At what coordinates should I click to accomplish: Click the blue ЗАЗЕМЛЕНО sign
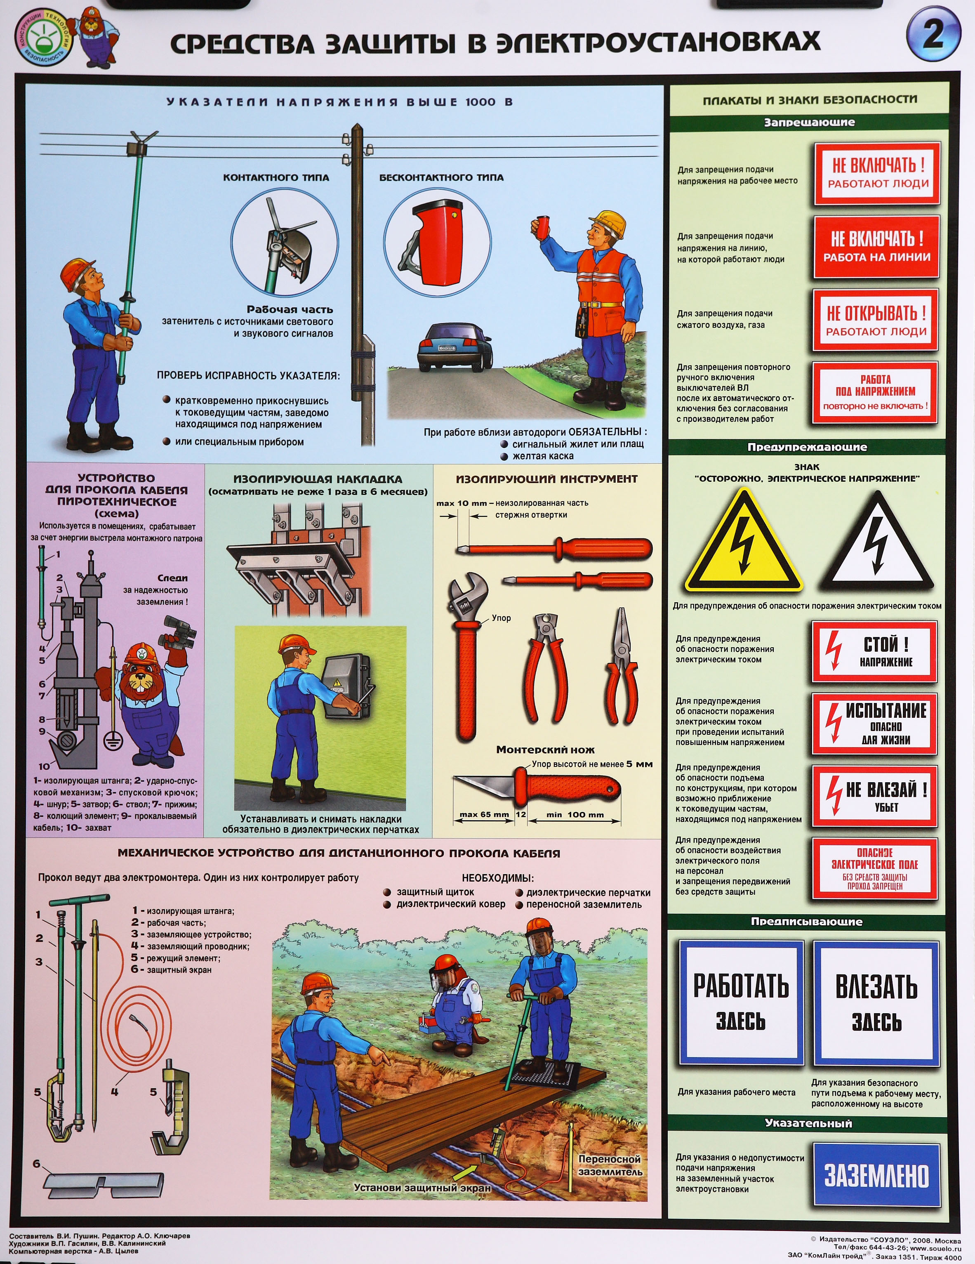click(x=876, y=1175)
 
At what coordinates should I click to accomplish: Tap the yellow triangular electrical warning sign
click(x=744, y=542)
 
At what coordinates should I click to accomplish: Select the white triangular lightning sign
click(x=878, y=542)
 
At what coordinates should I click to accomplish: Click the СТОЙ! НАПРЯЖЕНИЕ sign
click(x=874, y=652)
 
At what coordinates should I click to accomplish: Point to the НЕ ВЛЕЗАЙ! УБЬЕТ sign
click(x=874, y=796)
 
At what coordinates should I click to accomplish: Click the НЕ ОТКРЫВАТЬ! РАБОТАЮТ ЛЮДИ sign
click(x=876, y=321)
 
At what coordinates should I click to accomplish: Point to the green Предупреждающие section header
click(x=807, y=447)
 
